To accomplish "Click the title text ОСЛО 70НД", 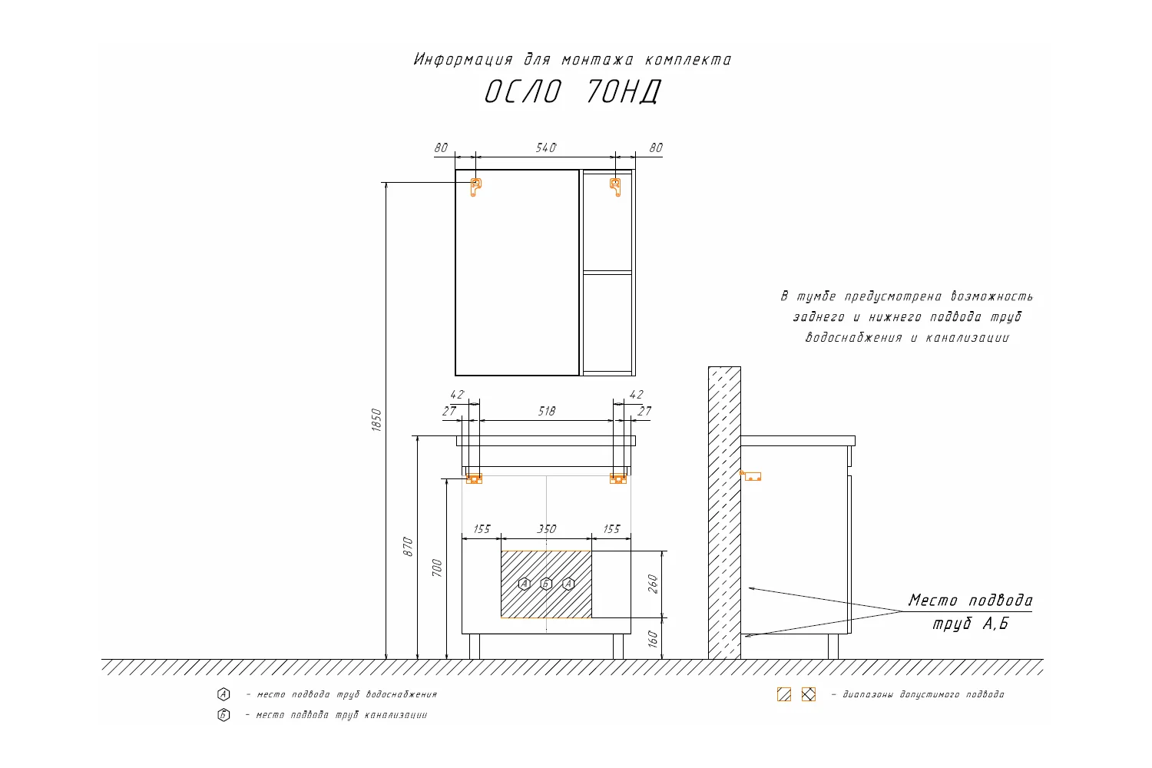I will point(572,93).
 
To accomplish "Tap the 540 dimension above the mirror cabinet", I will point(545,147).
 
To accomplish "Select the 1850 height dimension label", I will point(376,420).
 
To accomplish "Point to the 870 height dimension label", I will point(408,547).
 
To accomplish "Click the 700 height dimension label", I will point(437,568).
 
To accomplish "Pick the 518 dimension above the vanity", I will point(546,411).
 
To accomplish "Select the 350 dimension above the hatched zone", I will point(546,529).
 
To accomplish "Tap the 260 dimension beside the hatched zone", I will point(653,584).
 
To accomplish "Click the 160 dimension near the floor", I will point(653,638).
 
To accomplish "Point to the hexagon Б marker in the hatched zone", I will point(546,584).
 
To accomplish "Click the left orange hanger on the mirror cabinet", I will point(476,187).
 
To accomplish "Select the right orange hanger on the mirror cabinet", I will point(615,187).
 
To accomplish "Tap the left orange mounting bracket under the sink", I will point(474,478).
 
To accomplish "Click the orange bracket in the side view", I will point(751,475).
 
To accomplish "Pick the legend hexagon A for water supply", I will point(223,694).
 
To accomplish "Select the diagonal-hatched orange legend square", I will point(784,694).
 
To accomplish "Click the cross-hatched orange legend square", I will point(809,694).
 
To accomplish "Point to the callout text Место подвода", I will point(970,600).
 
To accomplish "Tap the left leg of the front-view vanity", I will point(474,647).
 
